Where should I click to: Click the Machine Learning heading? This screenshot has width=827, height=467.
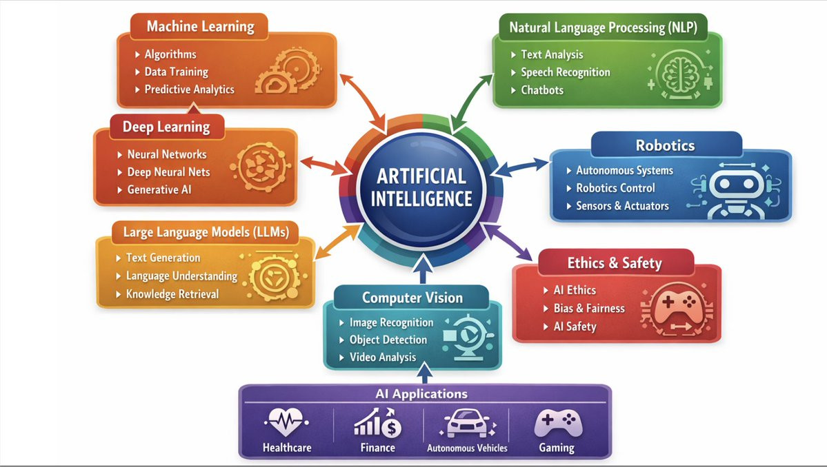200,27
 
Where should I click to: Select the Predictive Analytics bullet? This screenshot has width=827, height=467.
189,90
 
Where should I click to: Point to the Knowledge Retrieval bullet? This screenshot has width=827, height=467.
172,294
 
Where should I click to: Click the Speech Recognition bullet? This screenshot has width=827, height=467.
565,72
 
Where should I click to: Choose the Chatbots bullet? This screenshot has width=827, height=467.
541,90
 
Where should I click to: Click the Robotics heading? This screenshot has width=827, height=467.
665,146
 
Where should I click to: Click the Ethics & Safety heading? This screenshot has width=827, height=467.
614,263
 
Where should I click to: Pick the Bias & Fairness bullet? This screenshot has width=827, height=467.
588,308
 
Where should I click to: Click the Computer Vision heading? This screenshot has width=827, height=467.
412,298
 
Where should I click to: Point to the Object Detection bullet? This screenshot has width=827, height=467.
388,340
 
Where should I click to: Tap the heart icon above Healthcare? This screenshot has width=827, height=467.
286,422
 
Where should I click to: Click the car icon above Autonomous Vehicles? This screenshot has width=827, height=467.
467,424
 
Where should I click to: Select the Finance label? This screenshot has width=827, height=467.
377,448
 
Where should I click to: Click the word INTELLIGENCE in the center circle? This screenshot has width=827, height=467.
421,199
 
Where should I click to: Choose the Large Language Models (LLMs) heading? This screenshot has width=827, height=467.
206,231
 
